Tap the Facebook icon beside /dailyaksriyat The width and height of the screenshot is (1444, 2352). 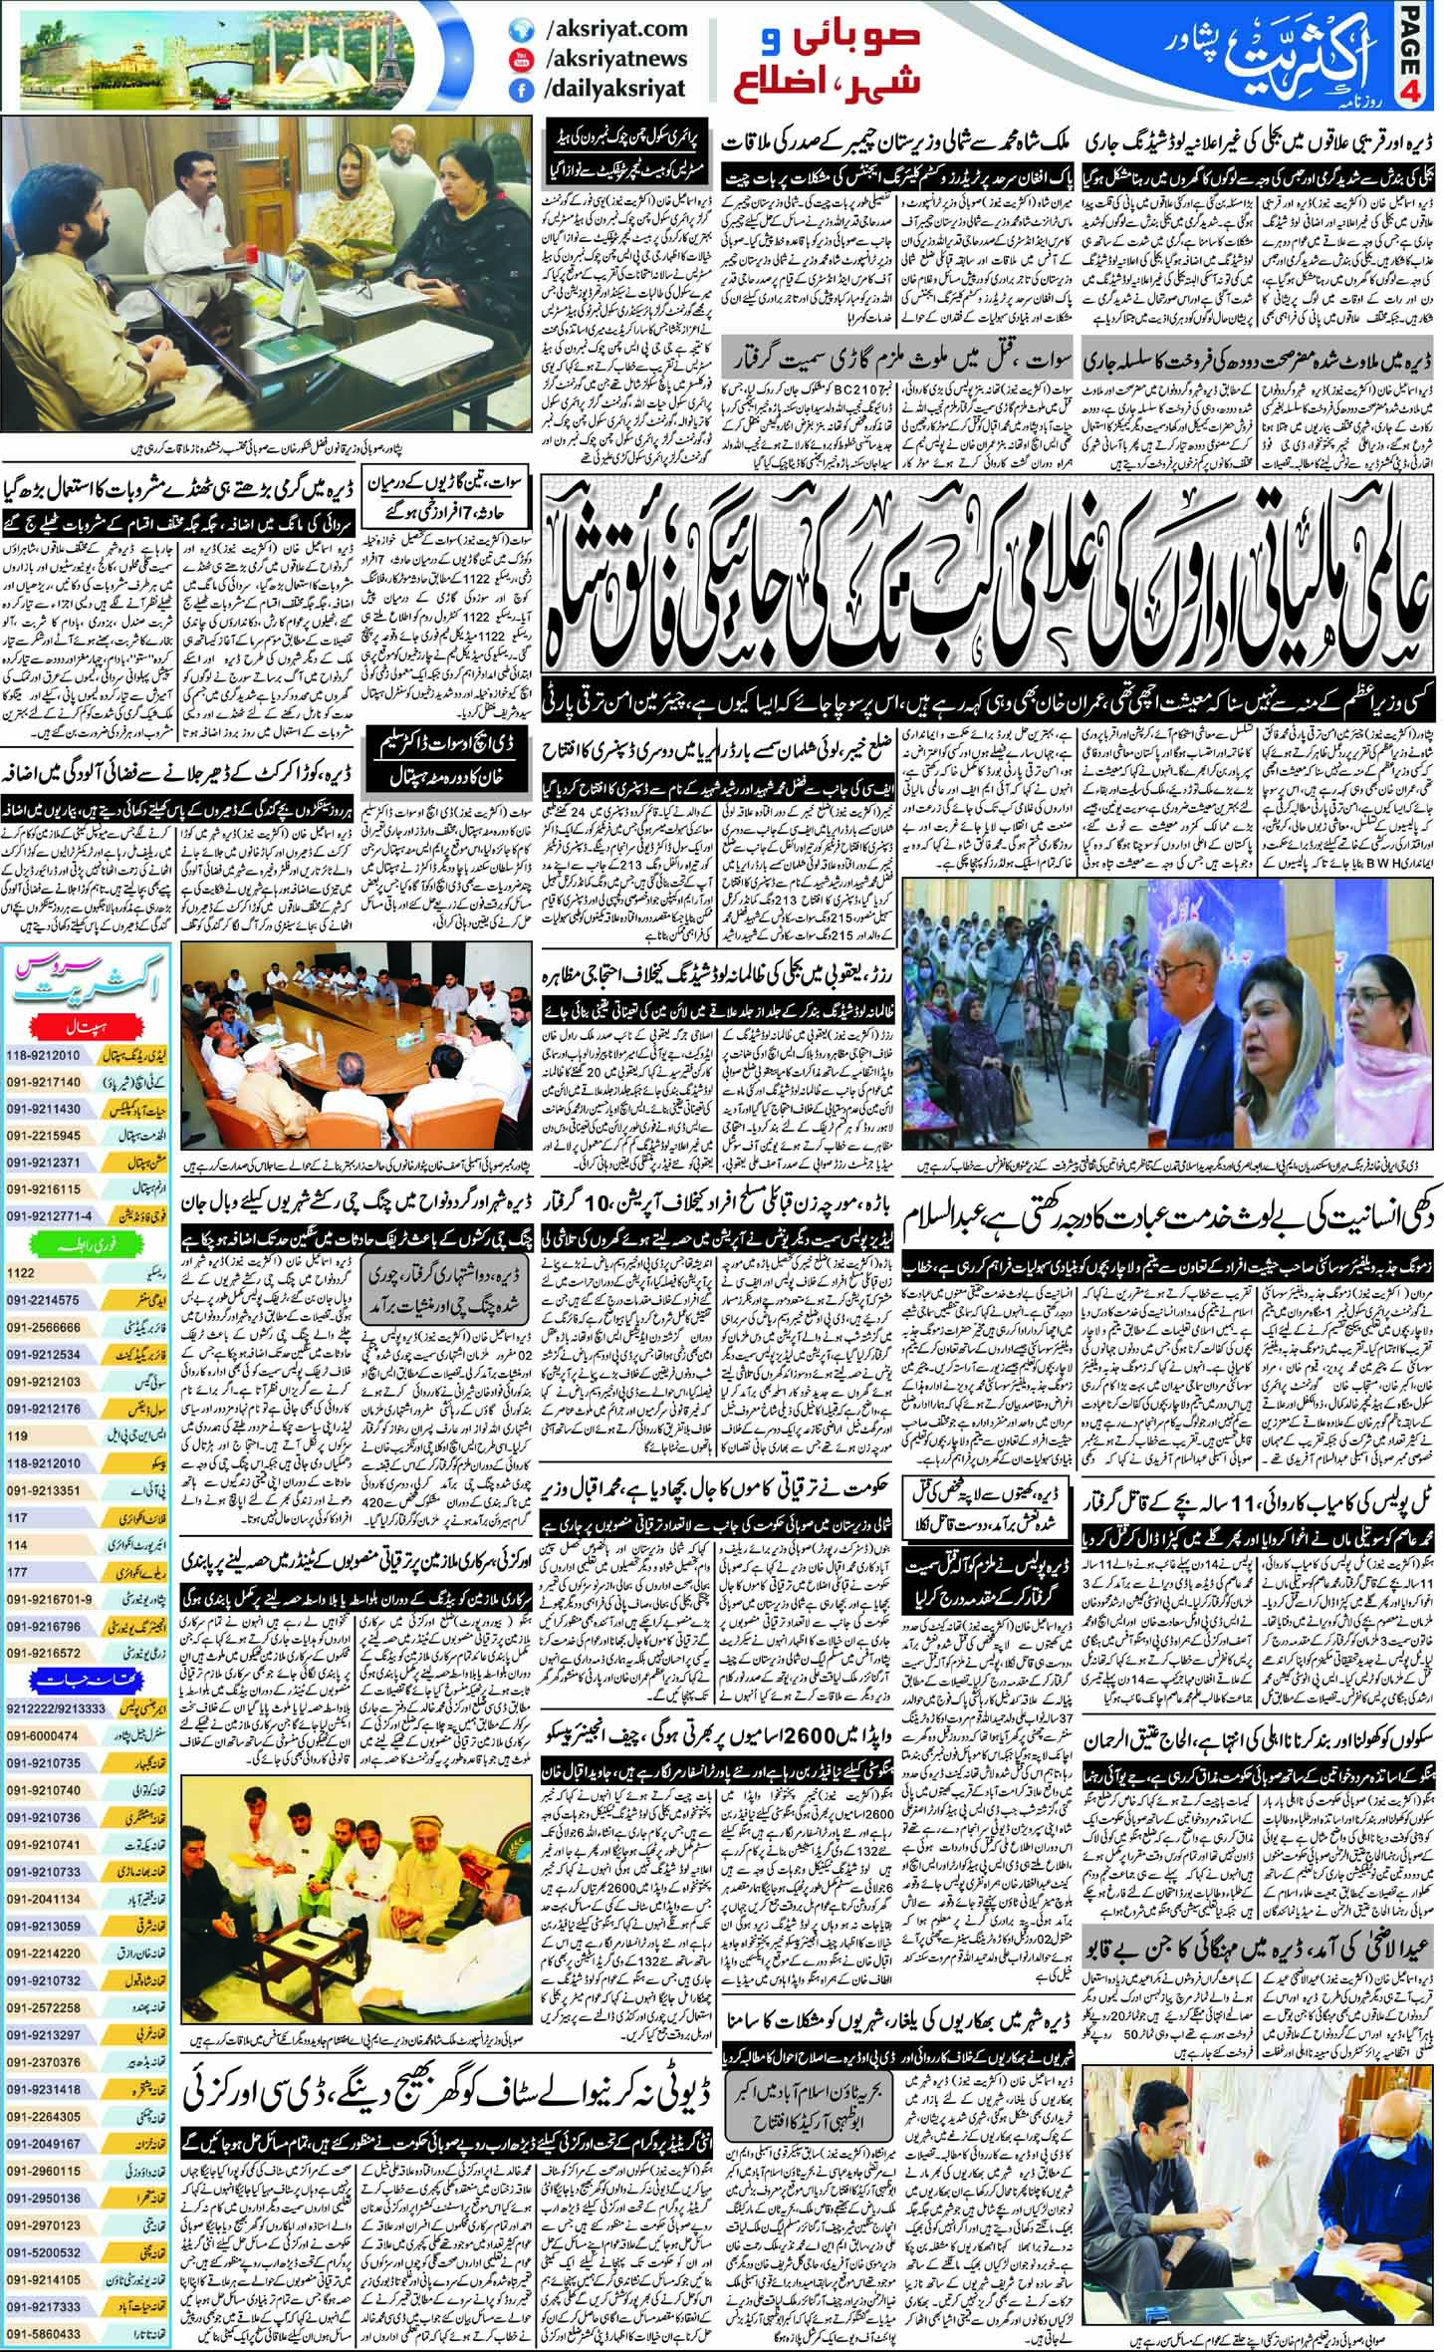517,89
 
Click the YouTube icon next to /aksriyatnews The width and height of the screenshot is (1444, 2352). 517,60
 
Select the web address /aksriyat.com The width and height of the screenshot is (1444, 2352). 607,31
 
